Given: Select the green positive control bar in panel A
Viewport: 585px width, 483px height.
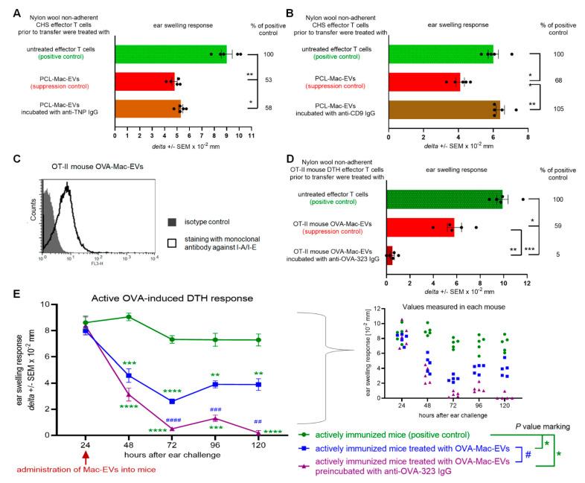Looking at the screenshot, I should coord(170,54).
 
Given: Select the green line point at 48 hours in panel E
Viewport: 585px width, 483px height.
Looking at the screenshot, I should coord(128,316).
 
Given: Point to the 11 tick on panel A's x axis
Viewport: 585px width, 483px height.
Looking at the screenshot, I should coord(251,136).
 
